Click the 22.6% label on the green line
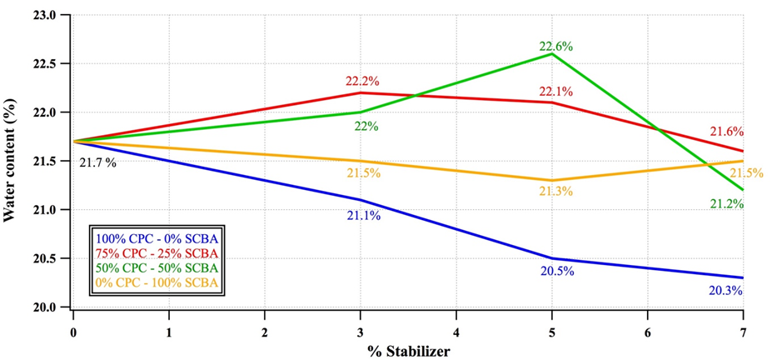pyautogui.click(x=555, y=47)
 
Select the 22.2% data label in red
pyautogui.click(x=362, y=82)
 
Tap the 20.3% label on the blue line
pyautogui.click(x=725, y=291)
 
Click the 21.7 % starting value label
pyautogui.click(x=97, y=162)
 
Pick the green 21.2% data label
pyautogui.click(x=727, y=203)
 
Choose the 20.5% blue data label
pyautogui.click(x=555, y=271)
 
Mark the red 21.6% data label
pyautogui.click(x=726, y=132)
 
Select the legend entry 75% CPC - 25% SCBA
pyautogui.click(x=157, y=253)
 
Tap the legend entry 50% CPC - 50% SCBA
pyautogui.click(x=157, y=268)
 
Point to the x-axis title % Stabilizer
pyautogui.click(x=408, y=351)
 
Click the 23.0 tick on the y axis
pyautogui.click(x=46, y=15)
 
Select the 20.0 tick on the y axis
pyautogui.click(x=46, y=307)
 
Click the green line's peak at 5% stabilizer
pyautogui.click(x=551, y=53)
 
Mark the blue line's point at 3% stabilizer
pyautogui.click(x=361, y=200)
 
